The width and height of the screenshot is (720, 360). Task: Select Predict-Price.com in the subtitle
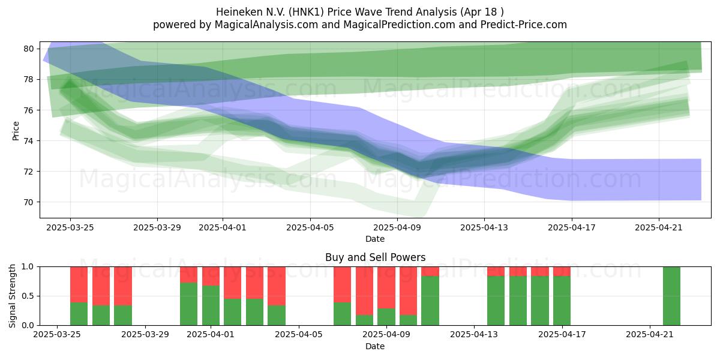click(x=524, y=25)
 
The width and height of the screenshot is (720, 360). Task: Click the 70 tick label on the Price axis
click(x=29, y=202)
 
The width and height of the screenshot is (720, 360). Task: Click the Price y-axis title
click(x=16, y=131)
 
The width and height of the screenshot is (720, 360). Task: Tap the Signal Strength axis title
click(x=12, y=296)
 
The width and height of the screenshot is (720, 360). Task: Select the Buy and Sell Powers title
click(x=375, y=257)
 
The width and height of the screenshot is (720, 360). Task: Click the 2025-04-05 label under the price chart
click(x=310, y=227)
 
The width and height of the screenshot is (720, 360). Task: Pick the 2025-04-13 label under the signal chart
click(x=474, y=335)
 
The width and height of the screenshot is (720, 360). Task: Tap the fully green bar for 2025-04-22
click(x=671, y=296)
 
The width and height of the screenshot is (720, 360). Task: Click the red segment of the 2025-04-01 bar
click(x=211, y=276)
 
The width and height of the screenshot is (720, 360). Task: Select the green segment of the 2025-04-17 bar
click(x=562, y=301)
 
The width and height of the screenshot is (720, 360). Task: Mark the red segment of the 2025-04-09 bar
click(x=386, y=287)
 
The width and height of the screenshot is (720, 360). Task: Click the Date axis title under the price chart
click(x=375, y=239)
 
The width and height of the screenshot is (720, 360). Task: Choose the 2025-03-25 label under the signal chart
click(x=57, y=335)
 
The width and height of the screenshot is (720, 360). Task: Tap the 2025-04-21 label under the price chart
click(x=659, y=227)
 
